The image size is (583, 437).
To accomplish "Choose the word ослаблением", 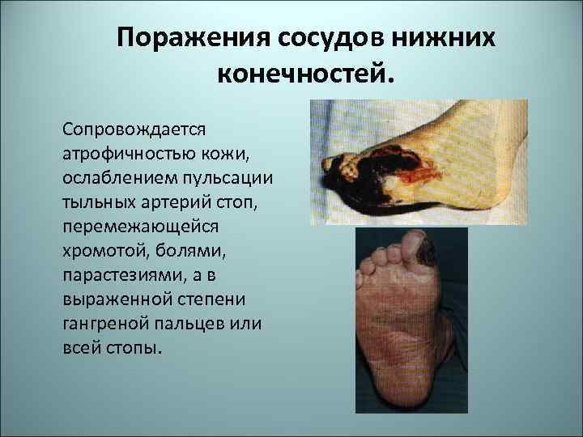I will click(x=109, y=176).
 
